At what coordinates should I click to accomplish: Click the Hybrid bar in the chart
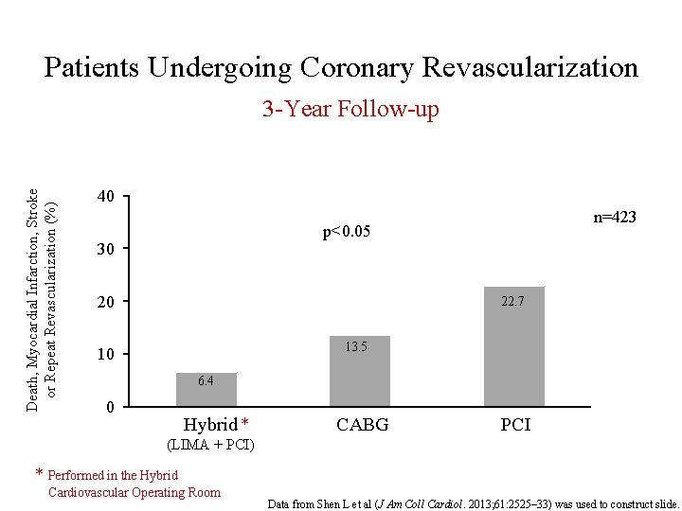(x=206, y=390)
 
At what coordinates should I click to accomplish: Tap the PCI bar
(x=514, y=347)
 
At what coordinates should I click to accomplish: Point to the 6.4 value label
(x=206, y=380)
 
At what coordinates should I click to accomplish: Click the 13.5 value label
(x=356, y=347)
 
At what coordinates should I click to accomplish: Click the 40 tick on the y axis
(x=105, y=197)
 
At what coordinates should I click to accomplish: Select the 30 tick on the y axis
(x=105, y=250)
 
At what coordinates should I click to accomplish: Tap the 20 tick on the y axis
(x=105, y=302)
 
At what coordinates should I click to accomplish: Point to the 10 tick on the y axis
(x=105, y=355)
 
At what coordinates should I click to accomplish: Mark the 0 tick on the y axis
(x=110, y=408)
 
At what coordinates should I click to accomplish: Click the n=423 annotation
(x=615, y=218)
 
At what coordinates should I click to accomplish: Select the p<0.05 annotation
(x=346, y=232)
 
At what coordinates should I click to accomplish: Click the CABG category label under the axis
(x=362, y=425)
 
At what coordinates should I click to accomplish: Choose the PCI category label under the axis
(x=515, y=425)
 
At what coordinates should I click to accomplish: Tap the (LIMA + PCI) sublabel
(x=210, y=444)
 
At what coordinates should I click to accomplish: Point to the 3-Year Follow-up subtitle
(x=350, y=110)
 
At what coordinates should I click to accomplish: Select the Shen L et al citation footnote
(x=474, y=502)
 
